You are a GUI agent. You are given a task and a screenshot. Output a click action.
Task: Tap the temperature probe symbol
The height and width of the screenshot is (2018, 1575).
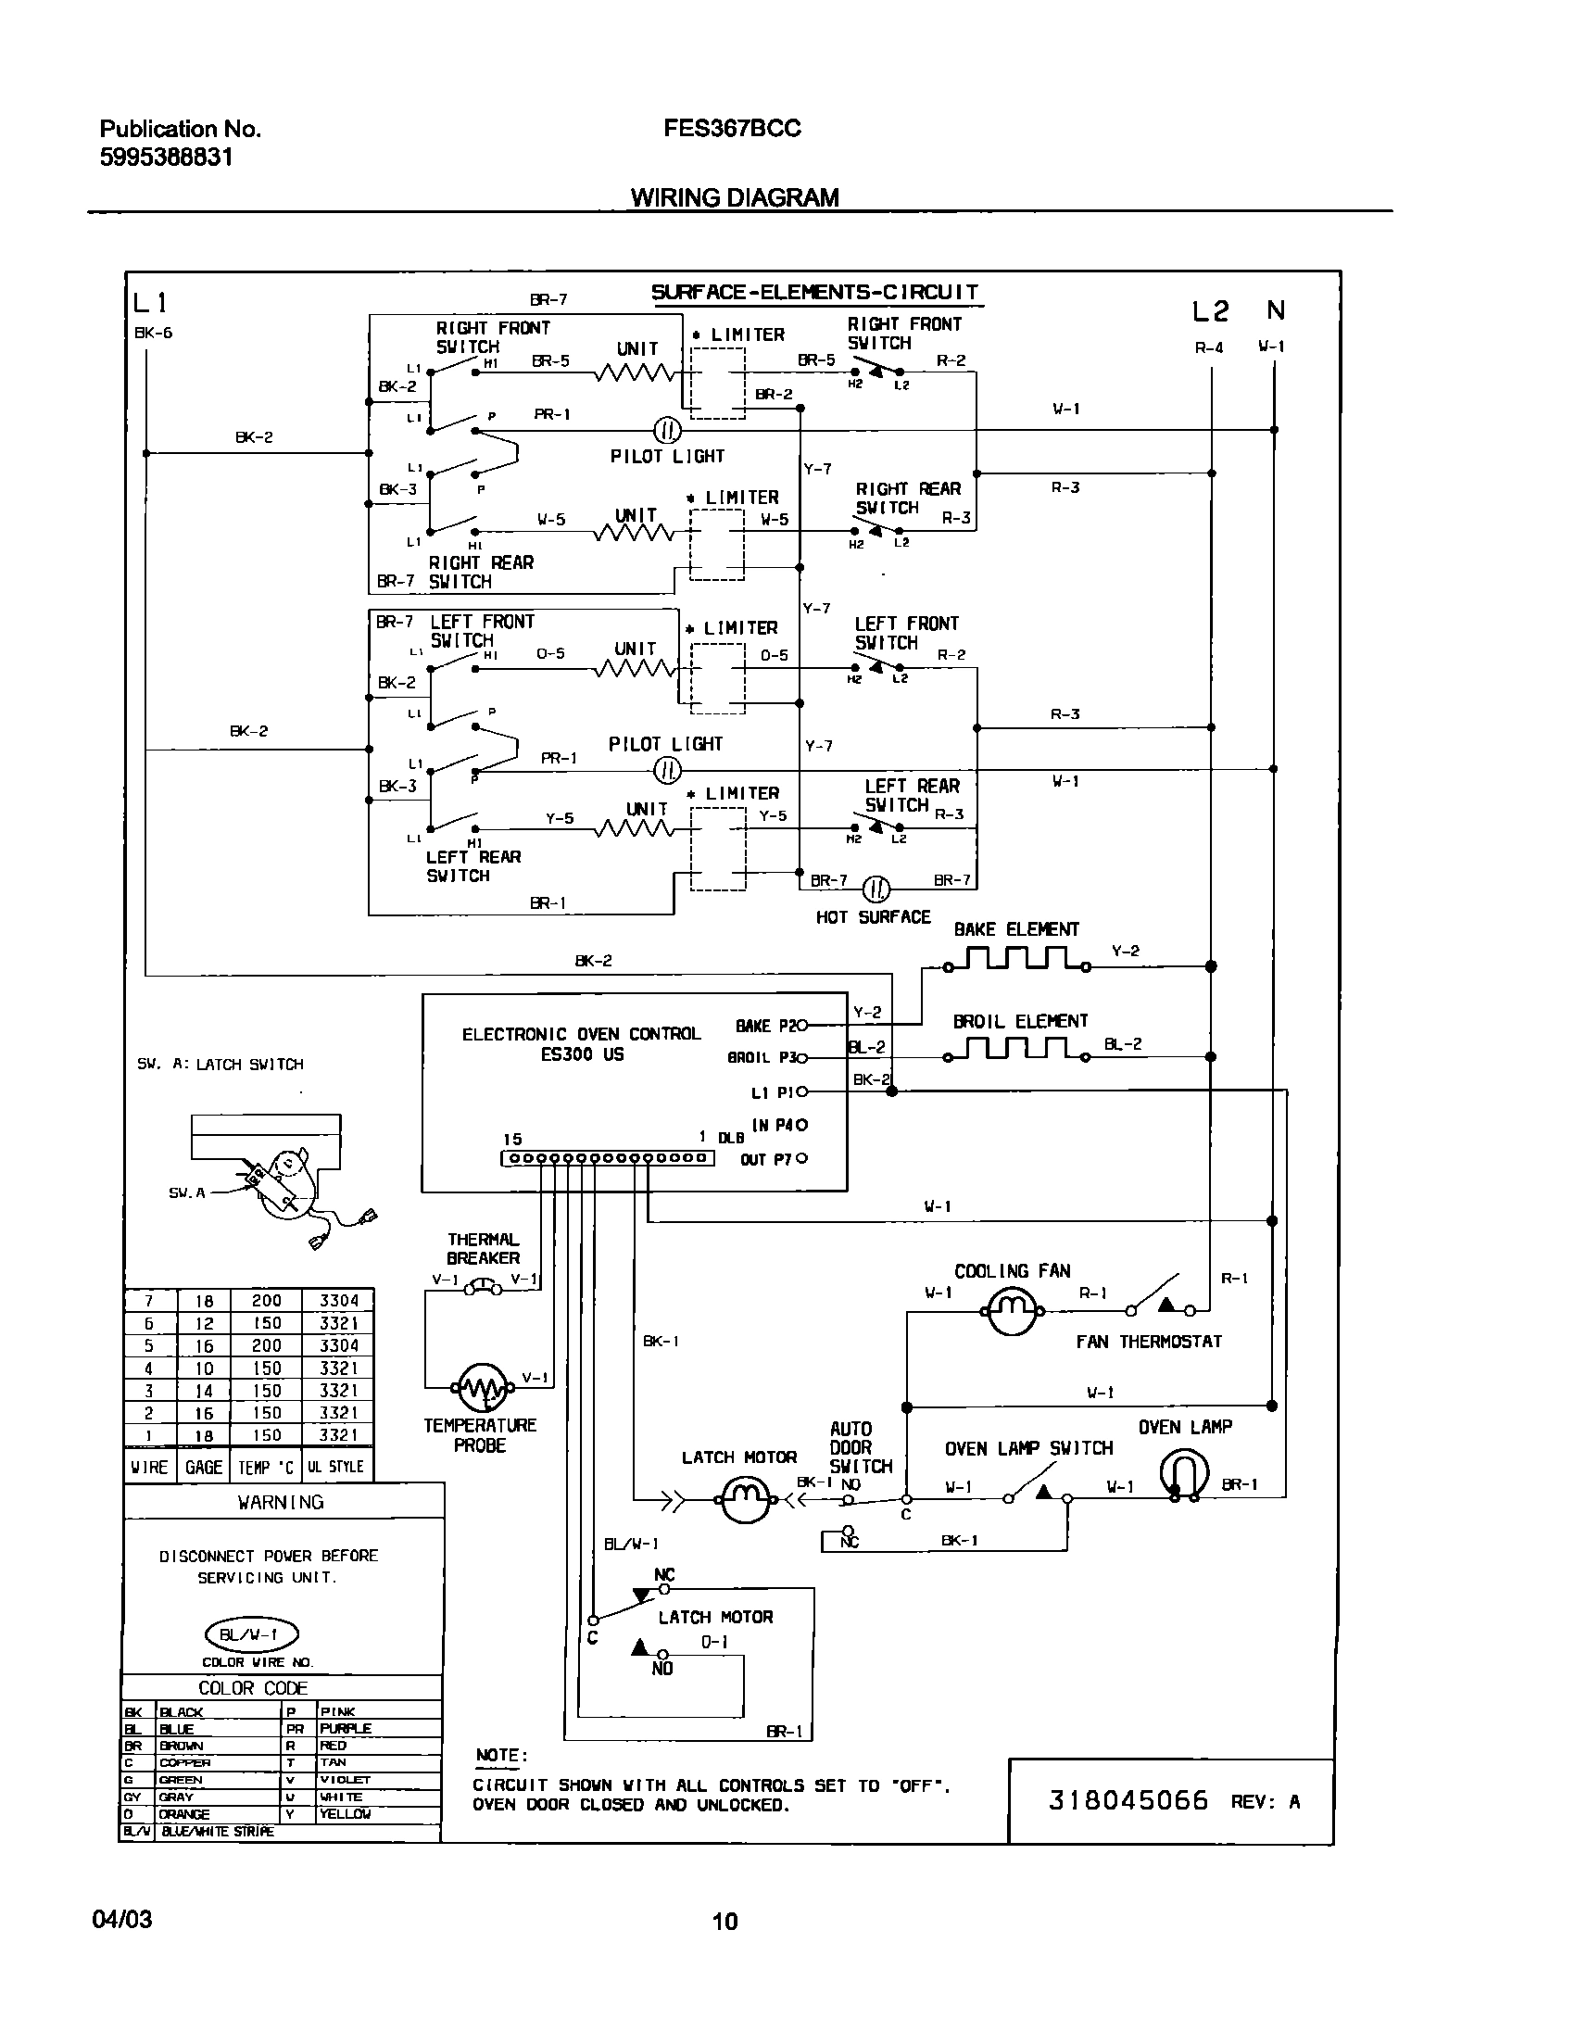pyautogui.click(x=482, y=1388)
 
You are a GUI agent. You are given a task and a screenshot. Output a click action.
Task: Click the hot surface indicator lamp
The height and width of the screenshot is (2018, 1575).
pyautogui.click(x=876, y=889)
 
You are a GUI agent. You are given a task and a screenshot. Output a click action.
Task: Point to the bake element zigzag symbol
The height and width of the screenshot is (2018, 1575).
pyautogui.click(x=1017, y=959)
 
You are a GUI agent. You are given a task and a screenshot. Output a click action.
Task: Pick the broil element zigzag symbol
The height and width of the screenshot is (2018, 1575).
pyautogui.click(x=1017, y=1050)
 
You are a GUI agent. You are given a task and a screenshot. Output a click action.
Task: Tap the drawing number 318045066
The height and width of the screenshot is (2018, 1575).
pyautogui.click(x=1128, y=1800)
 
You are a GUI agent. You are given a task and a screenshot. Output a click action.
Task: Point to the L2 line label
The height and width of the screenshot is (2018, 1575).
pyautogui.click(x=1210, y=312)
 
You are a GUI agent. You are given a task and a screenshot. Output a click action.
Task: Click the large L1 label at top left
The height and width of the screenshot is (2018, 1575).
pyautogui.click(x=150, y=303)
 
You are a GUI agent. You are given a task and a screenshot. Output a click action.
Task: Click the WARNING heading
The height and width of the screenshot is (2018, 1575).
pyautogui.click(x=281, y=1502)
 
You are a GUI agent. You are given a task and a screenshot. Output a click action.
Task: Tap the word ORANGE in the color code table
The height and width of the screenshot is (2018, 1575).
pyautogui.click(x=184, y=1814)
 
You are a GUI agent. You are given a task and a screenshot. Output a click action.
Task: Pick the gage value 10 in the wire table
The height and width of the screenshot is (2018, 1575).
pyautogui.click(x=204, y=1368)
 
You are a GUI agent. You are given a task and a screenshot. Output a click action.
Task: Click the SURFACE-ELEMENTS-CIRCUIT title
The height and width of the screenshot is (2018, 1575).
pyautogui.click(x=814, y=293)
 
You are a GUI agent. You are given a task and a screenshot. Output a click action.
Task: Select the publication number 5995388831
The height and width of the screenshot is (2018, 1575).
pyautogui.click(x=166, y=158)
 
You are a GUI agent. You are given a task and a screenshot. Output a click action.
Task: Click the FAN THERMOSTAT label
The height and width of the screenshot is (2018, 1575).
pyautogui.click(x=1148, y=1342)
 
